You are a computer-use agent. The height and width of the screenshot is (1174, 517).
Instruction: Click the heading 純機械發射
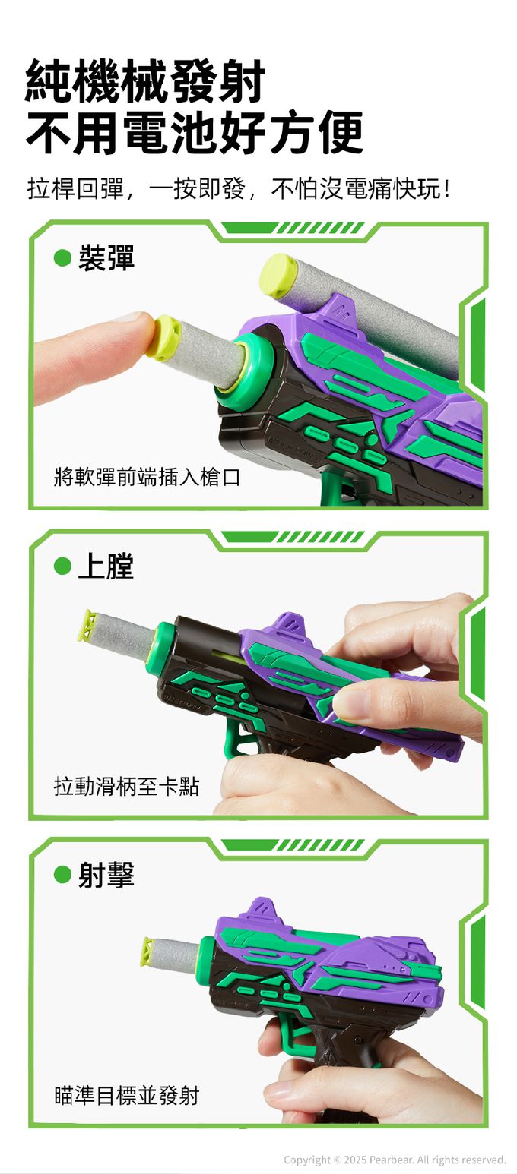pyautogui.click(x=145, y=81)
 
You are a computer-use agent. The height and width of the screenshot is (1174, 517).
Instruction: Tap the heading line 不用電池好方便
pyautogui.click(x=194, y=133)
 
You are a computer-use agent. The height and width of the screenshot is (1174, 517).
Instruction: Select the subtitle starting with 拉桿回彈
pyautogui.click(x=239, y=188)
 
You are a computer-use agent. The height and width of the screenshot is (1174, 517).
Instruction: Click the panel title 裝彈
pyautogui.click(x=106, y=258)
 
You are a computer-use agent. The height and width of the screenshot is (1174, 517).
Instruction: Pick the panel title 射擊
pyautogui.click(x=106, y=875)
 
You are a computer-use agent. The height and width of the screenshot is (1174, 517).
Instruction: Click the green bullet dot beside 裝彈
pyautogui.click(x=62, y=258)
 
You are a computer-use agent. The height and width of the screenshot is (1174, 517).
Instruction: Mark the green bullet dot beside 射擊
pyautogui.click(x=62, y=875)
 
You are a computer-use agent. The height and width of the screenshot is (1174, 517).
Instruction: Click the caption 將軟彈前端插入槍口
pyautogui.click(x=147, y=478)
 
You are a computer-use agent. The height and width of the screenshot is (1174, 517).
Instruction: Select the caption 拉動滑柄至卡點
pyautogui.click(x=126, y=787)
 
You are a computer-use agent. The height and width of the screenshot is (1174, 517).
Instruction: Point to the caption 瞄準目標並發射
pyautogui.click(x=126, y=1095)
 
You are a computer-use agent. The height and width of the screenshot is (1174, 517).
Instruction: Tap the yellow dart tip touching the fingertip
pyautogui.click(x=164, y=338)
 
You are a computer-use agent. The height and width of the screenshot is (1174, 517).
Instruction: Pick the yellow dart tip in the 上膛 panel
pyautogui.click(x=87, y=625)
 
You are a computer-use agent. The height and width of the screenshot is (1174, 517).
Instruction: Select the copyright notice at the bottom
pyautogui.click(x=395, y=1160)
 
